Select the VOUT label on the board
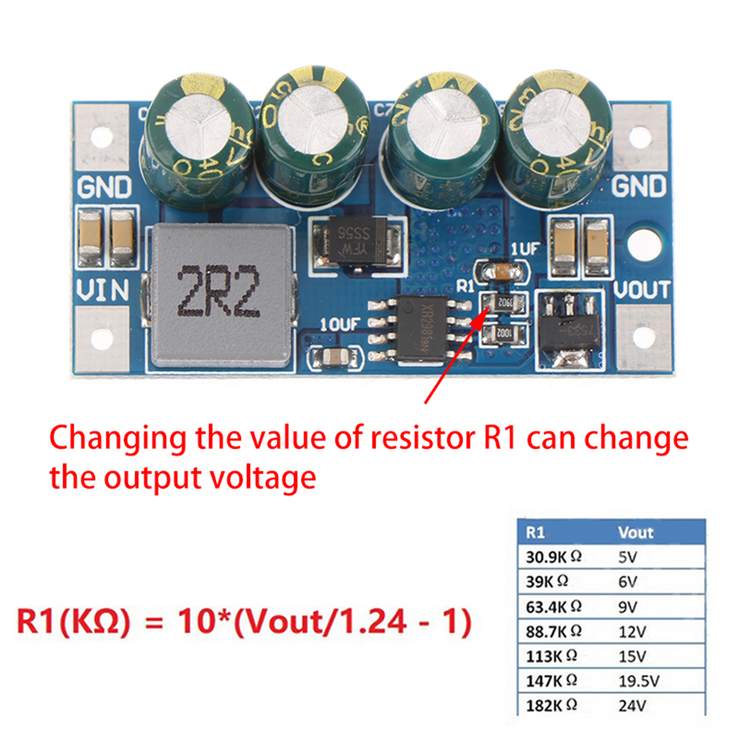point(642,289)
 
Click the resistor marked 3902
point(504,302)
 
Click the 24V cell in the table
point(633,705)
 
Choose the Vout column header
point(635,532)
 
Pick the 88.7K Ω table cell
point(553,631)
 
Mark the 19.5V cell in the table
point(639,680)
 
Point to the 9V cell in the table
point(629,606)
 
